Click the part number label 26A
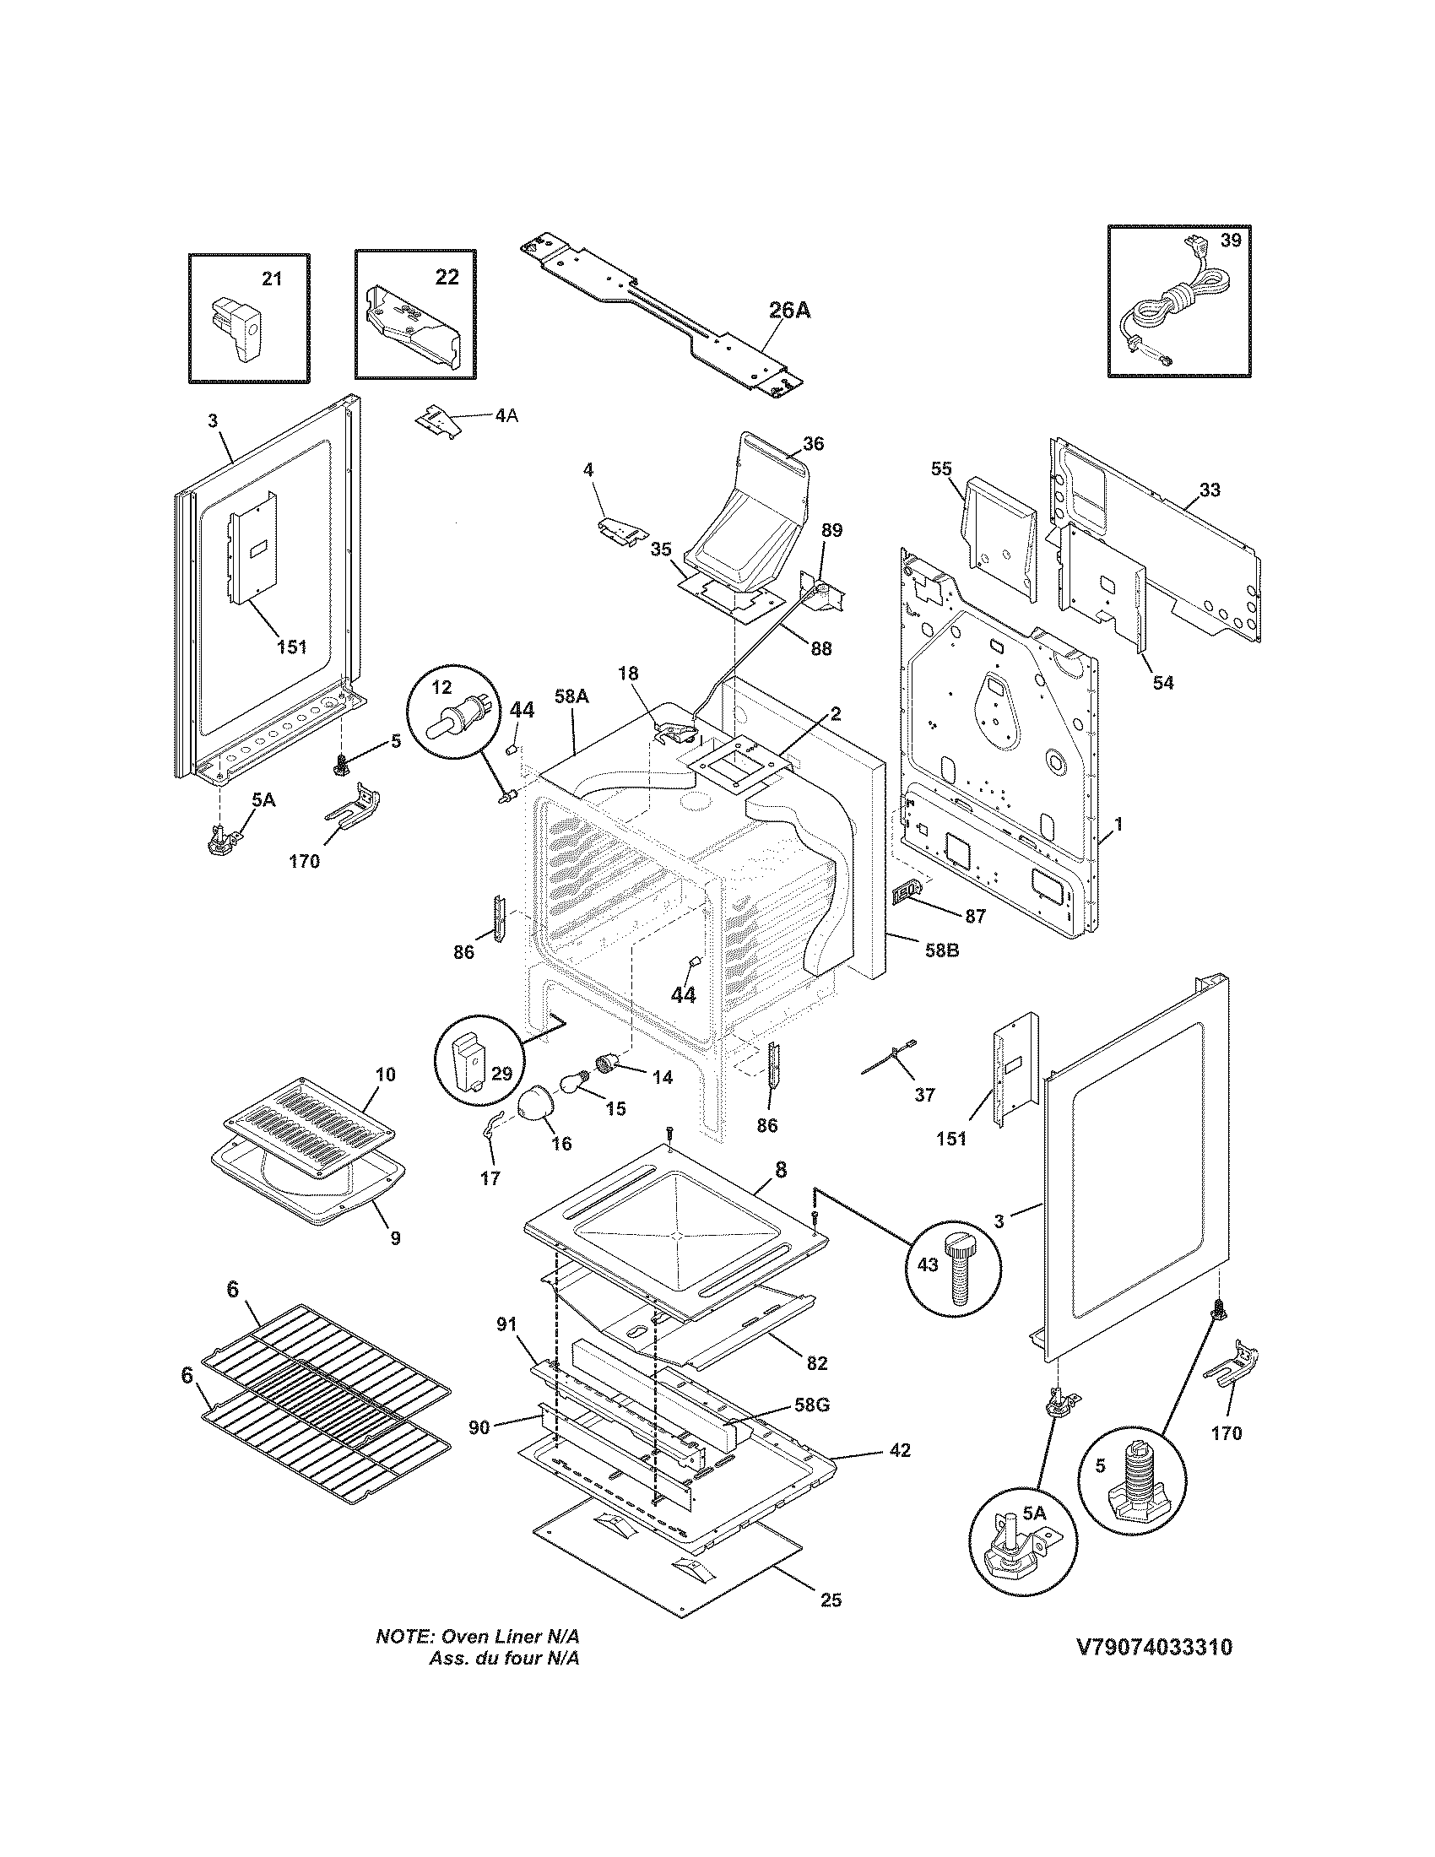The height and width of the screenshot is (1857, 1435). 789,311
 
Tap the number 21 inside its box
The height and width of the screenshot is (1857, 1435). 271,278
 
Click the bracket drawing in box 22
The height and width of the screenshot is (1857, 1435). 414,328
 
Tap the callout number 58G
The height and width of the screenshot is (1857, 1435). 810,1405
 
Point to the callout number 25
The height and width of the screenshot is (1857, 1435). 831,1600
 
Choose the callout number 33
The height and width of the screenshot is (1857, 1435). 1210,490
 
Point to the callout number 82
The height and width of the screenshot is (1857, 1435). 816,1363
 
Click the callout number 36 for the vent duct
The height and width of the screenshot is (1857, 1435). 813,444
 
